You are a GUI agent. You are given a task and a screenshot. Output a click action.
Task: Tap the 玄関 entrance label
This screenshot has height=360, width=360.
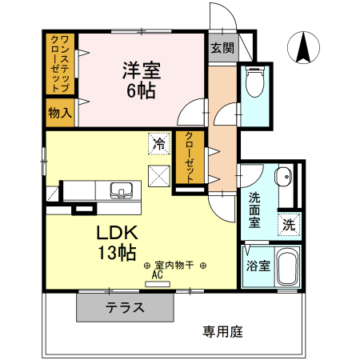[x=223, y=48]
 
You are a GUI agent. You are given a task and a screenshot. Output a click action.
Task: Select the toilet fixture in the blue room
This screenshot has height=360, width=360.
[x=254, y=82]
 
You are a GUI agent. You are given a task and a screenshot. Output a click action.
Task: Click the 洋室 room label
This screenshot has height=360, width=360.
[x=142, y=70]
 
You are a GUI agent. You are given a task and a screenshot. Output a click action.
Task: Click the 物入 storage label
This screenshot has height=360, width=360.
[x=59, y=112]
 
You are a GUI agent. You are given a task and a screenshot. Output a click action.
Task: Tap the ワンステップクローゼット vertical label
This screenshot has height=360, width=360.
[x=59, y=63]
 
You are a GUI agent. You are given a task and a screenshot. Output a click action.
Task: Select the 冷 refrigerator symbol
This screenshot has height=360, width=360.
[x=159, y=144]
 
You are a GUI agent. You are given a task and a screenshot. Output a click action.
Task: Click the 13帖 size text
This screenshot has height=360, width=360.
[x=117, y=254]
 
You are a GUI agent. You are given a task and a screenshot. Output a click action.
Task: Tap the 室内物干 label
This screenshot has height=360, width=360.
[x=175, y=265]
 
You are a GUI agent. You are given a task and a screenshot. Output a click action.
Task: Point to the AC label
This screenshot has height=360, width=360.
[x=157, y=274]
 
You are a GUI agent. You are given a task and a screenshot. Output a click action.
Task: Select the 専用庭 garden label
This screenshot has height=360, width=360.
[x=222, y=329]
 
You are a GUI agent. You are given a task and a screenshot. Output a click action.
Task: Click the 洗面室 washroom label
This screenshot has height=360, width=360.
[x=254, y=210]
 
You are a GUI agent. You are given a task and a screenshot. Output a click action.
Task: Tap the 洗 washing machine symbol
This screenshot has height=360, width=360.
[x=288, y=225]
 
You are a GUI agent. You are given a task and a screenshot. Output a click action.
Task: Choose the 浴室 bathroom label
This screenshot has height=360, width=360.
[x=258, y=265]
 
